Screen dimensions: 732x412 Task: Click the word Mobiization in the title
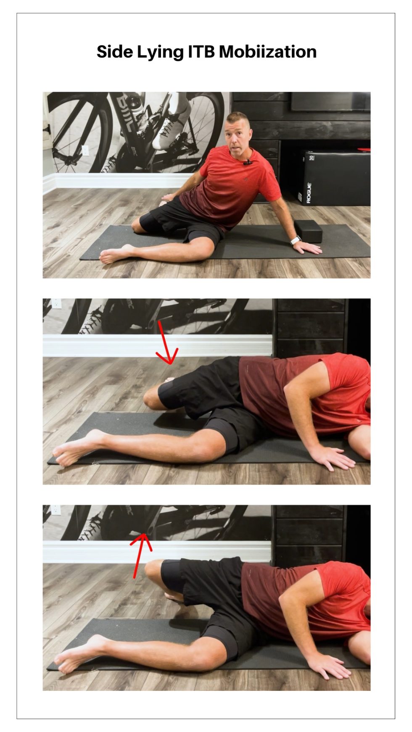(267, 52)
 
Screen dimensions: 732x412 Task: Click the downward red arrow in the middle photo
(167, 345)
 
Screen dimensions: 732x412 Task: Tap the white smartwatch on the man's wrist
(296, 240)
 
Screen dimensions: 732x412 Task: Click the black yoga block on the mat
(308, 231)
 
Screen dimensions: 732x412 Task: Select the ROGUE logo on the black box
(309, 193)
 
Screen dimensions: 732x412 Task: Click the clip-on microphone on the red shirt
(249, 162)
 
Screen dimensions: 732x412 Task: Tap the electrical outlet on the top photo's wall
(85, 150)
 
